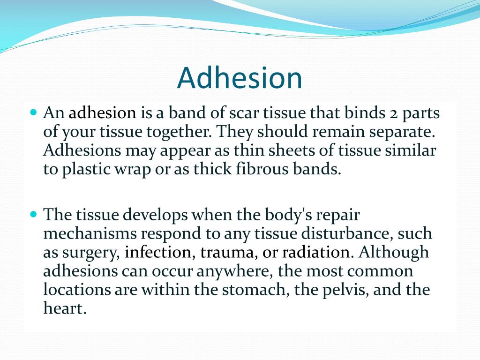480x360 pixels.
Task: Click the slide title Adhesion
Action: [x=240, y=78]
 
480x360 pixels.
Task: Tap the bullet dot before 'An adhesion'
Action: [x=33, y=113]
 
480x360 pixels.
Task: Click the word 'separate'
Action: [x=402, y=132]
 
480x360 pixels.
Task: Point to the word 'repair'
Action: [x=337, y=216]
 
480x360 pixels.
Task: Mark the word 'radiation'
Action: [x=315, y=252]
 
